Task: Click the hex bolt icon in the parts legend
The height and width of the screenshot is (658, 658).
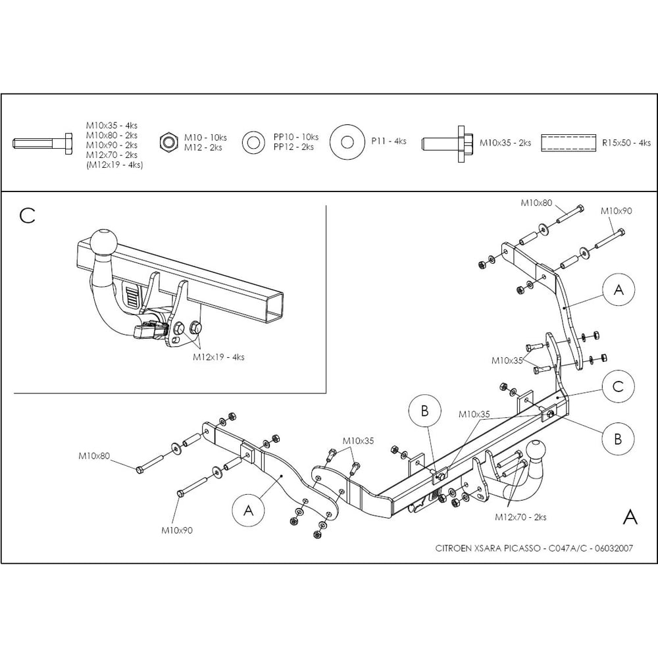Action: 42,143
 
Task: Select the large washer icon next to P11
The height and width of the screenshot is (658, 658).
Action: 347,142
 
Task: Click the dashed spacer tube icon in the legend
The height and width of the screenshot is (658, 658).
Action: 569,143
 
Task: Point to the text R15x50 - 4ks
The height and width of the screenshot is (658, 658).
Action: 626,143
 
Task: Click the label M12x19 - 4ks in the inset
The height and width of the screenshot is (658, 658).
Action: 218,357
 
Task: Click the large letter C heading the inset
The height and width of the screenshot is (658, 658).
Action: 27,216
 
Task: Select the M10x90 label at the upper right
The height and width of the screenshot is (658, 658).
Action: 616,211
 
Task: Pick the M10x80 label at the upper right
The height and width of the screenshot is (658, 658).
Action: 536,203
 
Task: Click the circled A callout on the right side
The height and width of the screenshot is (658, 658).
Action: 618,290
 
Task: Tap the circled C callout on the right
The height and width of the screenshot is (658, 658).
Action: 618,386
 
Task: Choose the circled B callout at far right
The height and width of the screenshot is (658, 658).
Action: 618,439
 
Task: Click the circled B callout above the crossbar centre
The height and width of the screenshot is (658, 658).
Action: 424,411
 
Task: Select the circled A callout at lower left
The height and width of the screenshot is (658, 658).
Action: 249,511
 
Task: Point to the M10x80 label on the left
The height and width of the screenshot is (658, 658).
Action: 94,456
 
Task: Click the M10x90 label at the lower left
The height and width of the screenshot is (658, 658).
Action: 177,530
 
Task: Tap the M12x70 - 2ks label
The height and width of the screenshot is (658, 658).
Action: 520,517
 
